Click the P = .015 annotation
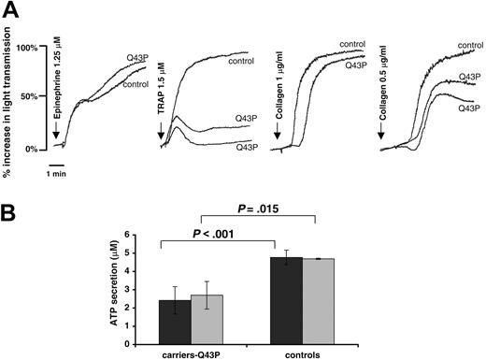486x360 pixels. click(x=267, y=211)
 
